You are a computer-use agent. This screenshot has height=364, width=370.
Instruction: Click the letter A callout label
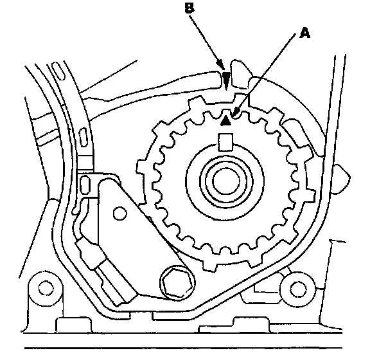[x=304, y=33]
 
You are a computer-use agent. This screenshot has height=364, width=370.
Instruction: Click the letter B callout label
[x=189, y=8]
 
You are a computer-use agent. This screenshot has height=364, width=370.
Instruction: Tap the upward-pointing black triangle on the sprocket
[x=226, y=120]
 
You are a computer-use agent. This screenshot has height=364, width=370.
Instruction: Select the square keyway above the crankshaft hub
[x=225, y=142]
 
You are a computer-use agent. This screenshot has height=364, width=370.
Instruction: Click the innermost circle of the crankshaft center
[x=226, y=181]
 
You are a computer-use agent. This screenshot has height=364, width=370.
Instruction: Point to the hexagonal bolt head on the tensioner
[x=177, y=283]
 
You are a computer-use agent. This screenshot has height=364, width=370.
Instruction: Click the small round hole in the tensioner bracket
[x=120, y=214]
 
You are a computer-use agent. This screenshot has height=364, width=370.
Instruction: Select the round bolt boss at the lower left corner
[x=46, y=288]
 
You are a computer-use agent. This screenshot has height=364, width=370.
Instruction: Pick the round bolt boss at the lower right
[x=297, y=289]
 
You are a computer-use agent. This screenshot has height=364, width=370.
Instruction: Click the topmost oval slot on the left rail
[x=58, y=71]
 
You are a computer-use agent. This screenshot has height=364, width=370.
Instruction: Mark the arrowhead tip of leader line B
[x=224, y=71]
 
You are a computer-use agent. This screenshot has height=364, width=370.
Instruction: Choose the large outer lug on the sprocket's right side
[x=310, y=195]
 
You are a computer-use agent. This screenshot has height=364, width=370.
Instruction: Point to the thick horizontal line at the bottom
[x=183, y=348]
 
